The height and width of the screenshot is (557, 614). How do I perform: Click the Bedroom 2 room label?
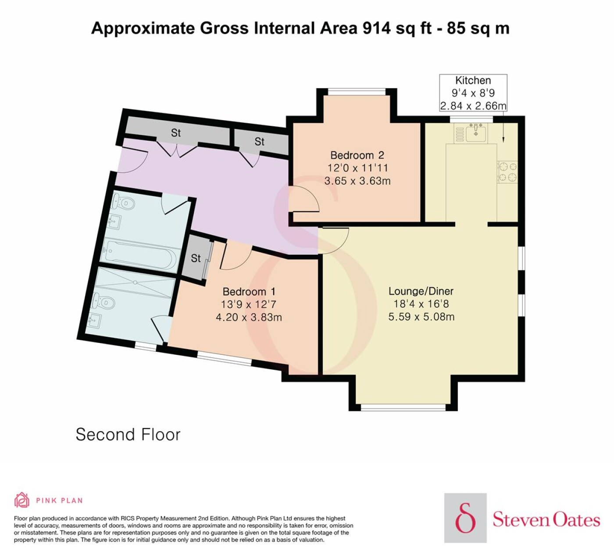(x=357, y=155)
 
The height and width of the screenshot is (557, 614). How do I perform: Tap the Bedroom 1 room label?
(x=249, y=291)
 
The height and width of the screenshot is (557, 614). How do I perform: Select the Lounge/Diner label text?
(x=421, y=291)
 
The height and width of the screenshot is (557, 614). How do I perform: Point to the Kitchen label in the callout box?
(x=473, y=80)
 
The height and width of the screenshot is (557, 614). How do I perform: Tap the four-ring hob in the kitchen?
(x=507, y=172)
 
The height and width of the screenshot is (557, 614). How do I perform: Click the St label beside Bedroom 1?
(x=196, y=258)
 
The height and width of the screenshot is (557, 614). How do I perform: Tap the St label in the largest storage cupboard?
(x=176, y=133)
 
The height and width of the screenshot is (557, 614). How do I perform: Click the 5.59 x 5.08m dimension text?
(x=421, y=316)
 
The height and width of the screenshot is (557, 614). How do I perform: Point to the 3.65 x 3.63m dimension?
(x=357, y=181)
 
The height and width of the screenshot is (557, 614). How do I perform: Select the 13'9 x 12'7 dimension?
(x=249, y=304)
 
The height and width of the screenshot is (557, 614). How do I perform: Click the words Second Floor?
(x=128, y=434)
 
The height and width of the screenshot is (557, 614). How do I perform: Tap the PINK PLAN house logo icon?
(x=22, y=500)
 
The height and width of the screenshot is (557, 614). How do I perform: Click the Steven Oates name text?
(x=546, y=519)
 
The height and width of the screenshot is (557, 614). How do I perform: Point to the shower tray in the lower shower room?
(x=135, y=283)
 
